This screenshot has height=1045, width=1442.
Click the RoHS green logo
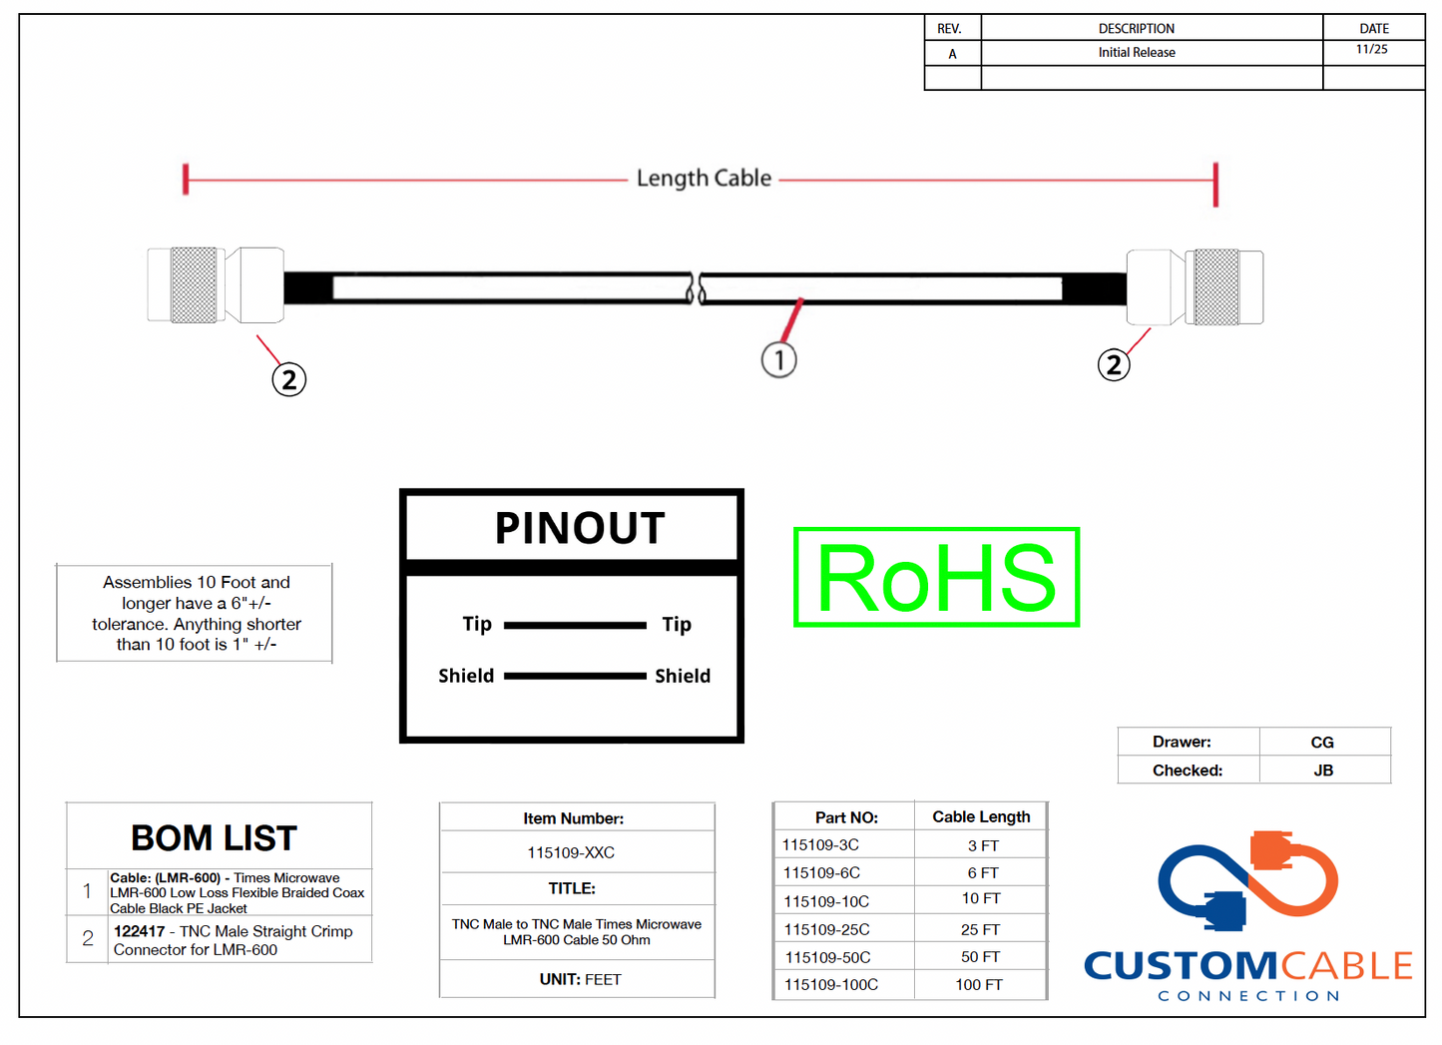pos(936,578)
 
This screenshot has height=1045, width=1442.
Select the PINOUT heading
pos(580,528)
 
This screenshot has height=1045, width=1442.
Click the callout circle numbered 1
pos(778,359)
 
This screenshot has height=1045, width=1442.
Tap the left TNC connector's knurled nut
pos(194,285)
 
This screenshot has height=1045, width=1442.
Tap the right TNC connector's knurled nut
pos(1216,287)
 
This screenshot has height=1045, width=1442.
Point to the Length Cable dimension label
pos(704,179)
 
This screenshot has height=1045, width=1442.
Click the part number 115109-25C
pos(826,929)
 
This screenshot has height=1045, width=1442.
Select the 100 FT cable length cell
pos(978,984)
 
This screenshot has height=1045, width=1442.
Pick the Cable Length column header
pos(981,816)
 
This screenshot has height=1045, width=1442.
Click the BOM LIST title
pos(215,838)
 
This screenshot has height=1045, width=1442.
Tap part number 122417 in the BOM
pos(139,931)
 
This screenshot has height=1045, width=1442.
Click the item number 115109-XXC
pos(571,852)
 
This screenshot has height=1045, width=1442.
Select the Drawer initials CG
pos(1322,743)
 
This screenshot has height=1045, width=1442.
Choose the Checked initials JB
pos(1323,771)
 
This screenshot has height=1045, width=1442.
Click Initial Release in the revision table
pos(1137,53)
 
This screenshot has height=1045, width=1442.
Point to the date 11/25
pos(1371,49)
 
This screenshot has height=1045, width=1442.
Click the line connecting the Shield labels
pos(575,676)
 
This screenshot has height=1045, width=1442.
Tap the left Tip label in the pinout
pos(477,624)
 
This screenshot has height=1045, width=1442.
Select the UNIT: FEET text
pos(580,979)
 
